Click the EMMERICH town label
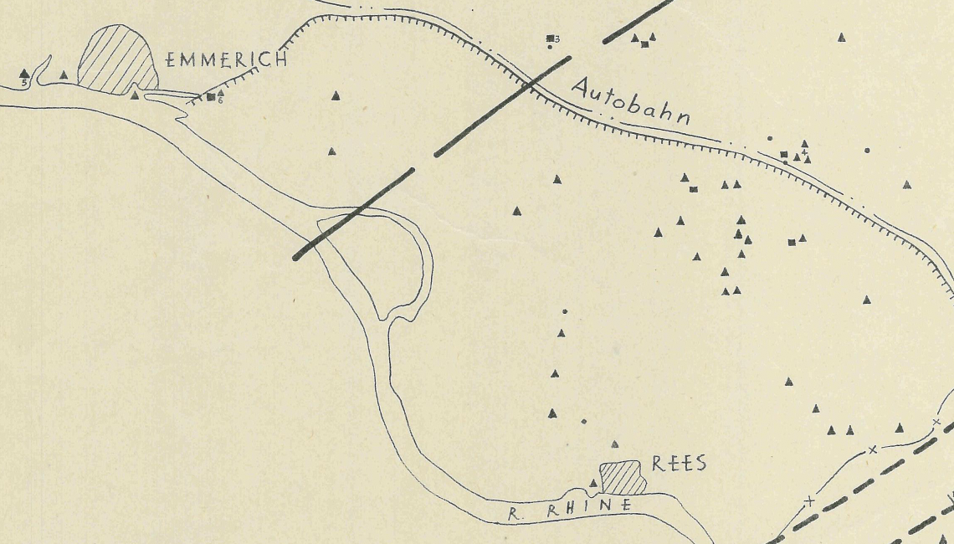click(x=226, y=59)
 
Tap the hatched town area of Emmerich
click(x=116, y=58)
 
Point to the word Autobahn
click(x=632, y=100)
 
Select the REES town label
click(x=679, y=464)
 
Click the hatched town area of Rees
click(x=623, y=478)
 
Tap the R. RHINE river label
click(x=569, y=506)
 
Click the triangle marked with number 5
click(x=24, y=74)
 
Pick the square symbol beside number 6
click(x=211, y=97)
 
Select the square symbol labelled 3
click(x=550, y=38)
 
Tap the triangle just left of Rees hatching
click(x=593, y=483)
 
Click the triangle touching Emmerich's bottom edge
click(x=135, y=95)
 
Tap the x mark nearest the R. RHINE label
click(x=808, y=501)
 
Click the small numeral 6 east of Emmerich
click(x=220, y=100)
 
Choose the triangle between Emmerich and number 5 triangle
click(x=64, y=75)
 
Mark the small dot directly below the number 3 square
click(x=550, y=47)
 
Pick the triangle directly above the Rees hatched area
click(x=615, y=444)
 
